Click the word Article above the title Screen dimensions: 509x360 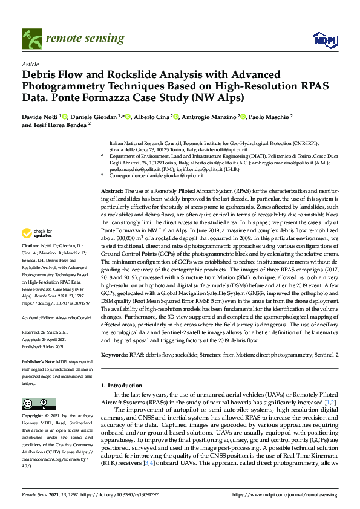(30, 64)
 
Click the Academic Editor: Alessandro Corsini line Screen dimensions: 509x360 (56, 317)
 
